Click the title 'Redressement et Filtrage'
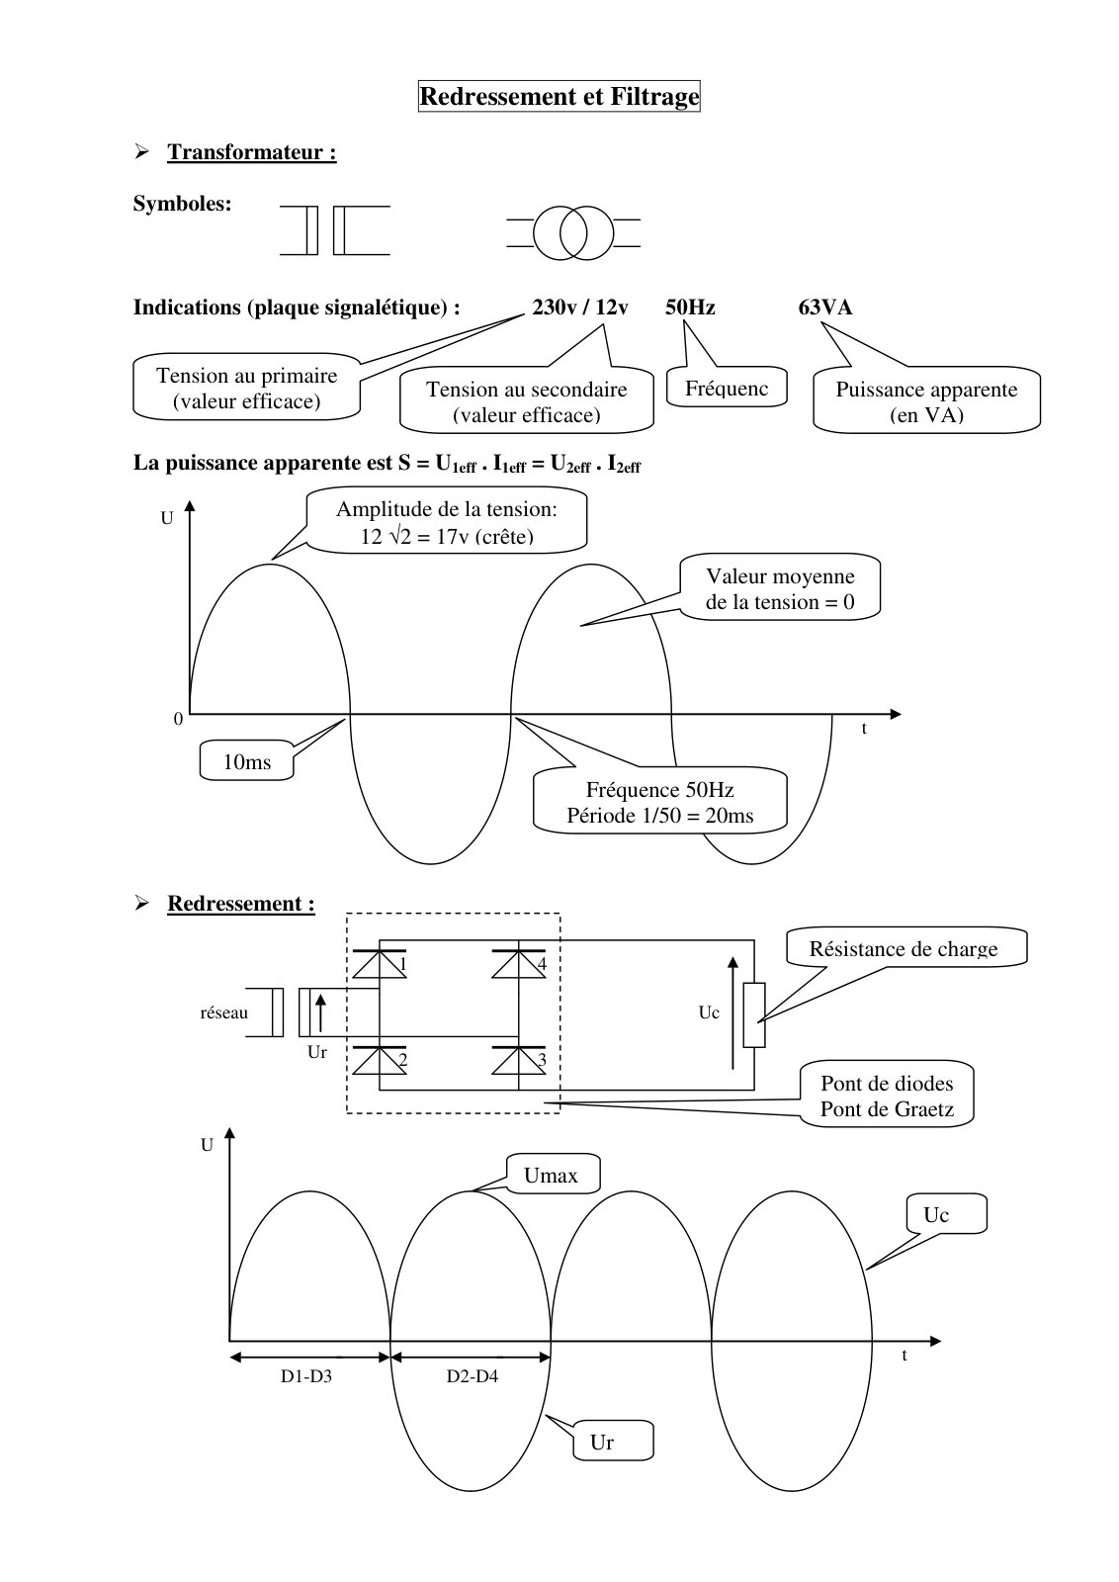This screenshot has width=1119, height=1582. [x=559, y=96]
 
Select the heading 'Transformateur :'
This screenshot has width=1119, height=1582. [x=251, y=152]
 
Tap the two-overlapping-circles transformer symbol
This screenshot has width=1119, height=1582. [x=573, y=232]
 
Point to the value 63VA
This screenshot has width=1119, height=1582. [x=824, y=308]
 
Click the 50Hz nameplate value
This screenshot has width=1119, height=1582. [x=690, y=308]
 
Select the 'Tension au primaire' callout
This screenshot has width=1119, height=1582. [x=246, y=388]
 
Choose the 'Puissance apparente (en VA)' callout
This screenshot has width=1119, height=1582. [x=926, y=399]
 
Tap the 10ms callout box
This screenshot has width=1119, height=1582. [x=246, y=760]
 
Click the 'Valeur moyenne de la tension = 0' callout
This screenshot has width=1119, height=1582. [x=779, y=587]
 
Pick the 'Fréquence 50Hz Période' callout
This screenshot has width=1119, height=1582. [x=659, y=802]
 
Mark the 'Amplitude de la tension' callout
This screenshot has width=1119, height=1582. [x=446, y=522]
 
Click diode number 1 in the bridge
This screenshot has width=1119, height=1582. [x=380, y=964]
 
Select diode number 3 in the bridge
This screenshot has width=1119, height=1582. [x=519, y=1059]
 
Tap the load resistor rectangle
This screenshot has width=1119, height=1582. [x=754, y=1014]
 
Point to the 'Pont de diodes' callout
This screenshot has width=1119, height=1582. [x=887, y=1096]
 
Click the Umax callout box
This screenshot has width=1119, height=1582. [x=553, y=1175]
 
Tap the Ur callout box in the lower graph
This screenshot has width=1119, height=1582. [x=612, y=1442]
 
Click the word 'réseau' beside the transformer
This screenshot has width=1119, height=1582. [x=223, y=1012]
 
